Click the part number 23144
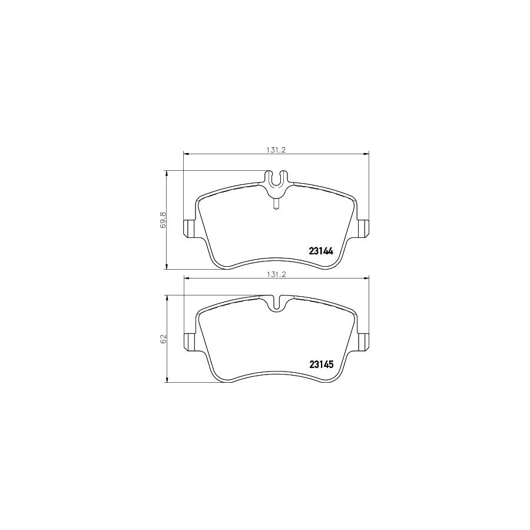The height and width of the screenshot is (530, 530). (x=322, y=251)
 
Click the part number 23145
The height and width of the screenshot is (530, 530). (x=322, y=364)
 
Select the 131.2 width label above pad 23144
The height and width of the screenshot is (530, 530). (x=276, y=150)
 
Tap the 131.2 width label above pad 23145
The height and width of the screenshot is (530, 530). (x=276, y=274)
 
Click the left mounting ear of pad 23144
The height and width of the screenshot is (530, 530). (x=190, y=227)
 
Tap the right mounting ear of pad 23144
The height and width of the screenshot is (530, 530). (x=363, y=227)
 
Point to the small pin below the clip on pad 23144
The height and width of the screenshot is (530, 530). (x=276, y=203)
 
